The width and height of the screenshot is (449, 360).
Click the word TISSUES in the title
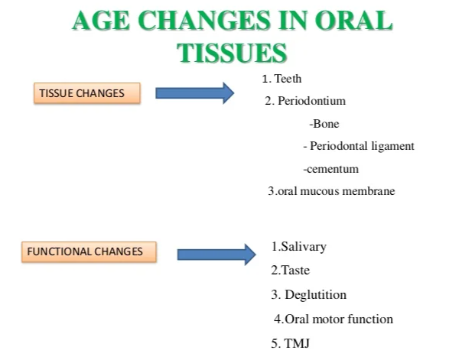click(x=232, y=53)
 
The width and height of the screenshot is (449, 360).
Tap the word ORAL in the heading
click(x=353, y=21)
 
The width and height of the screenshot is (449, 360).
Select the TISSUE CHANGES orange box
click(x=87, y=93)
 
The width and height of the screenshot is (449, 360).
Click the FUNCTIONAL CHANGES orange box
click(x=89, y=251)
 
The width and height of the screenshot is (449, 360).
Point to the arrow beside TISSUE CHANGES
click(x=195, y=93)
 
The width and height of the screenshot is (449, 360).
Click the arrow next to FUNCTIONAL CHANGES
click(x=216, y=255)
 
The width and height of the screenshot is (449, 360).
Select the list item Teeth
click(x=288, y=79)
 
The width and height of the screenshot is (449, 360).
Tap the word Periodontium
click(x=312, y=101)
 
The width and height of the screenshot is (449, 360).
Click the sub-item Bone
click(x=326, y=124)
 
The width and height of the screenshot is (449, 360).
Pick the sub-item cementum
click(x=333, y=169)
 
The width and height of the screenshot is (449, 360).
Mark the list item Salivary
click(x=304, y=247)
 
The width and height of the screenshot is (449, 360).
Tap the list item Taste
click(x=295, y=270)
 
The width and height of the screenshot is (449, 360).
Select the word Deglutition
click(x=316, y=295)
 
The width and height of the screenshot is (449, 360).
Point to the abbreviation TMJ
click(x=297, y=343)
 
